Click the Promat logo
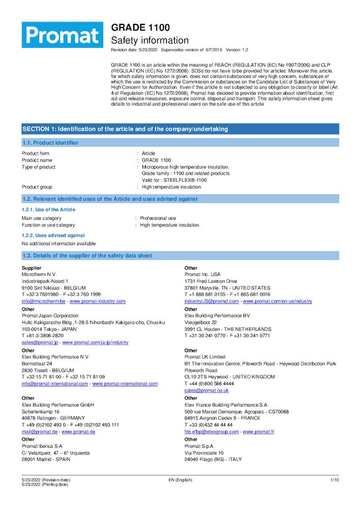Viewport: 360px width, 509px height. [62, 35]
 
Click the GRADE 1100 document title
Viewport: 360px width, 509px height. [141, 27]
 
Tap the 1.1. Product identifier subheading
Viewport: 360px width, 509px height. [50, 143]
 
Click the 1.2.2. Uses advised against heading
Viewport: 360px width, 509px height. [53, 235]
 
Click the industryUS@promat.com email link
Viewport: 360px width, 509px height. [211, 301]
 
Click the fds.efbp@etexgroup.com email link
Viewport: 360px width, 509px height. [211, 432]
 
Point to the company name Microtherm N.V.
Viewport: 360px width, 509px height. [39, 274]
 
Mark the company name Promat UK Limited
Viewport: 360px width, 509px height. [205, 357]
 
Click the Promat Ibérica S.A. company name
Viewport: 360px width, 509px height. [42, 446]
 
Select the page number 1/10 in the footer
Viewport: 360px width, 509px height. [335, 480]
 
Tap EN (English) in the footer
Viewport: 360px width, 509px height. [180, 480]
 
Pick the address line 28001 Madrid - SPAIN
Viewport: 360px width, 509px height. [46, 459]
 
